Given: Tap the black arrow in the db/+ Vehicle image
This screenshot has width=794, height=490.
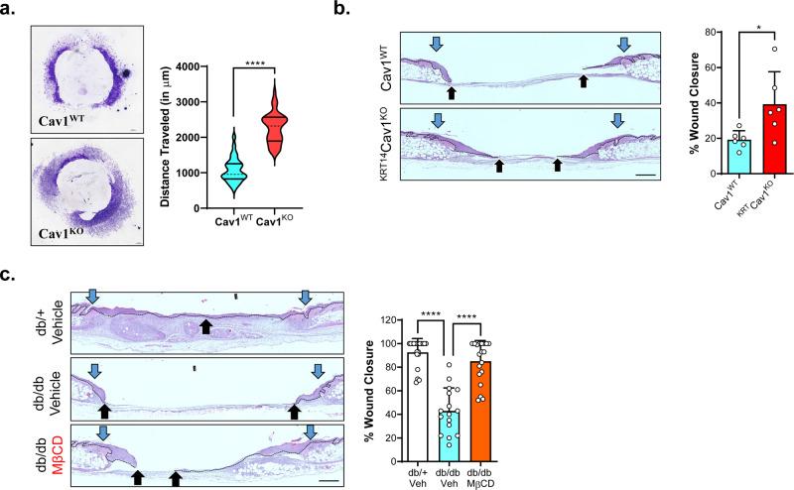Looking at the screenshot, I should point(205,325).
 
